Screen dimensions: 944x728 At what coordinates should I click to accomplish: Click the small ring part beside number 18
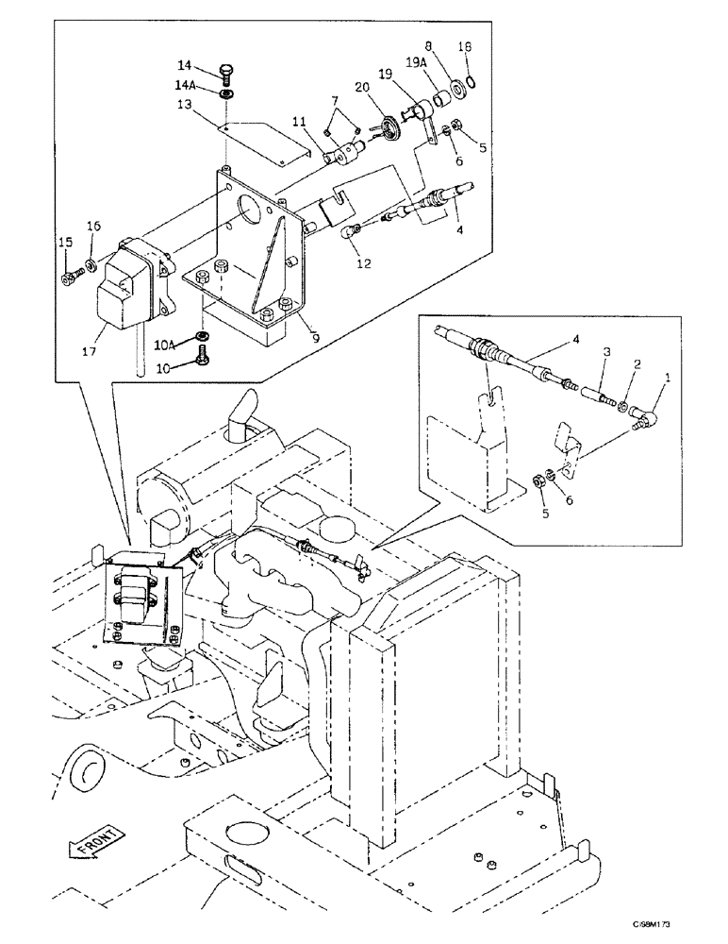point(472,83)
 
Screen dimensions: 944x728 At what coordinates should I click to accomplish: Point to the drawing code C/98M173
point(679,930)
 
